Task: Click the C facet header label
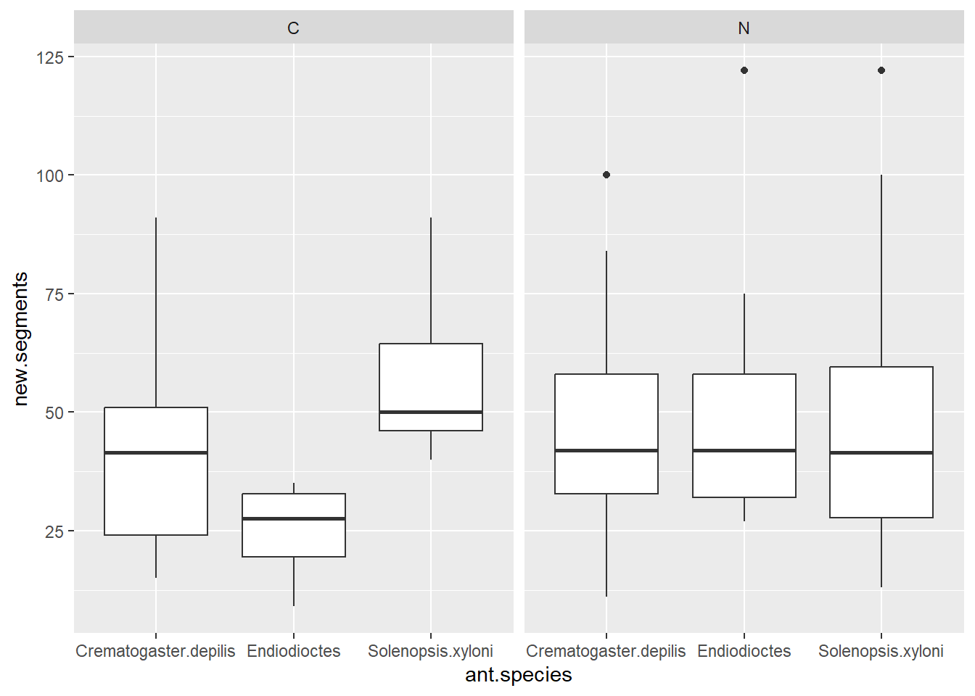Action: pos(293,28)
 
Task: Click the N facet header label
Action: pos(744,28)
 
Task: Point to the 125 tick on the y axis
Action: pos(50,57)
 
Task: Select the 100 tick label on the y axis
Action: pos(50,175)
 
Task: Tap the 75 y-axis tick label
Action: pos(54,294)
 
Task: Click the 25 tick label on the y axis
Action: pos(54,531)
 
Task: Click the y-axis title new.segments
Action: pos(20,339)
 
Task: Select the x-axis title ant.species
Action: pos(518,675)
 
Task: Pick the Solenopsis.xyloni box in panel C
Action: pos(431,377)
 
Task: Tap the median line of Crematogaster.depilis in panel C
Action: pos(156,452)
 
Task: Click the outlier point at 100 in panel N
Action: pos(606,175)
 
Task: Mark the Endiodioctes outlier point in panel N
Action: pos(744,70)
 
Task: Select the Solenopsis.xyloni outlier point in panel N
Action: pos(881,70)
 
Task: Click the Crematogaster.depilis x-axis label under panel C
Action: pos(155,651)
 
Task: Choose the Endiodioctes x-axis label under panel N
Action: pos(744,651)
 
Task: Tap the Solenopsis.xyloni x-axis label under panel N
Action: pos(881,651)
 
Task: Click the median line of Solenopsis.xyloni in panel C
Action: pos(431,412)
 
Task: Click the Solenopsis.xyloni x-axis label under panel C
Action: pos(430,651)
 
